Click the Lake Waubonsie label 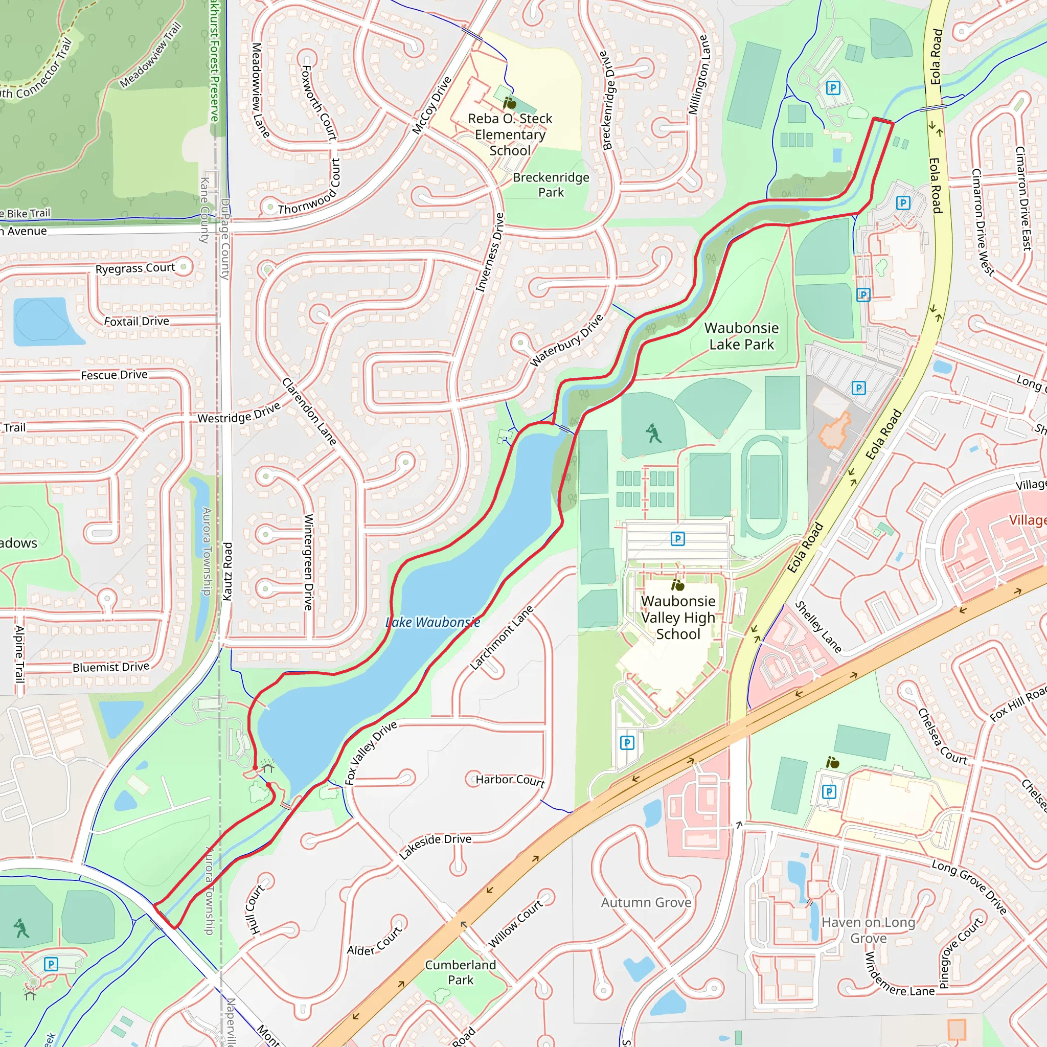coord(433,622)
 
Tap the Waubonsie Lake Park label coord(741,336)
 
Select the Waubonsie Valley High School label coord(678,617)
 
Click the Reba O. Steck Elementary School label coord(509,134)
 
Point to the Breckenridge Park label coord(551,185)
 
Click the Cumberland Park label coord(460,972)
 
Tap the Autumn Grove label coord(646,902)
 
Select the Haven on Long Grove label coord(868,930)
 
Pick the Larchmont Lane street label coord(502,638)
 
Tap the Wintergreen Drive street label coord(308,562)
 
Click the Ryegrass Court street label coord(135,268)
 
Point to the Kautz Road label coord(227,571)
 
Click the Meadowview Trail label coord(150,56)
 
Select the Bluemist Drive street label coord(111,667)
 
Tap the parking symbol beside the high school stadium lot coord(677,539)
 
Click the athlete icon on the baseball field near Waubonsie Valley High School coord(653,433)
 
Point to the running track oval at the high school coord(765,487)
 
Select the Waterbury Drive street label coord(566,340)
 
